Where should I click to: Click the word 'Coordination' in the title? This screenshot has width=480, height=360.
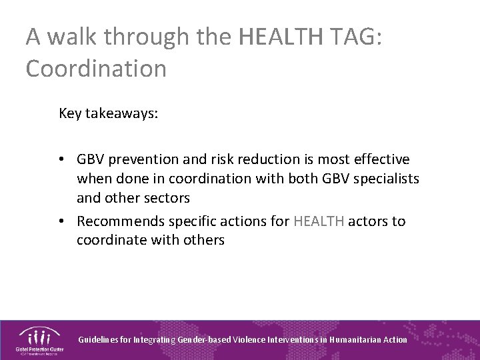click(96, 68)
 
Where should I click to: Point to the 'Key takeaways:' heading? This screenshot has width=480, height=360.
click(109, 113)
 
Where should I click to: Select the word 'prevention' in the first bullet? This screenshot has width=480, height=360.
click(140, 159)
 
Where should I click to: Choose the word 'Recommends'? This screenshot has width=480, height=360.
click(117, 221)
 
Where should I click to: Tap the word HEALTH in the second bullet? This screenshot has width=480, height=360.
click(319, 221)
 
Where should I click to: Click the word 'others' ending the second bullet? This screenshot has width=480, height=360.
click(205, 240)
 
